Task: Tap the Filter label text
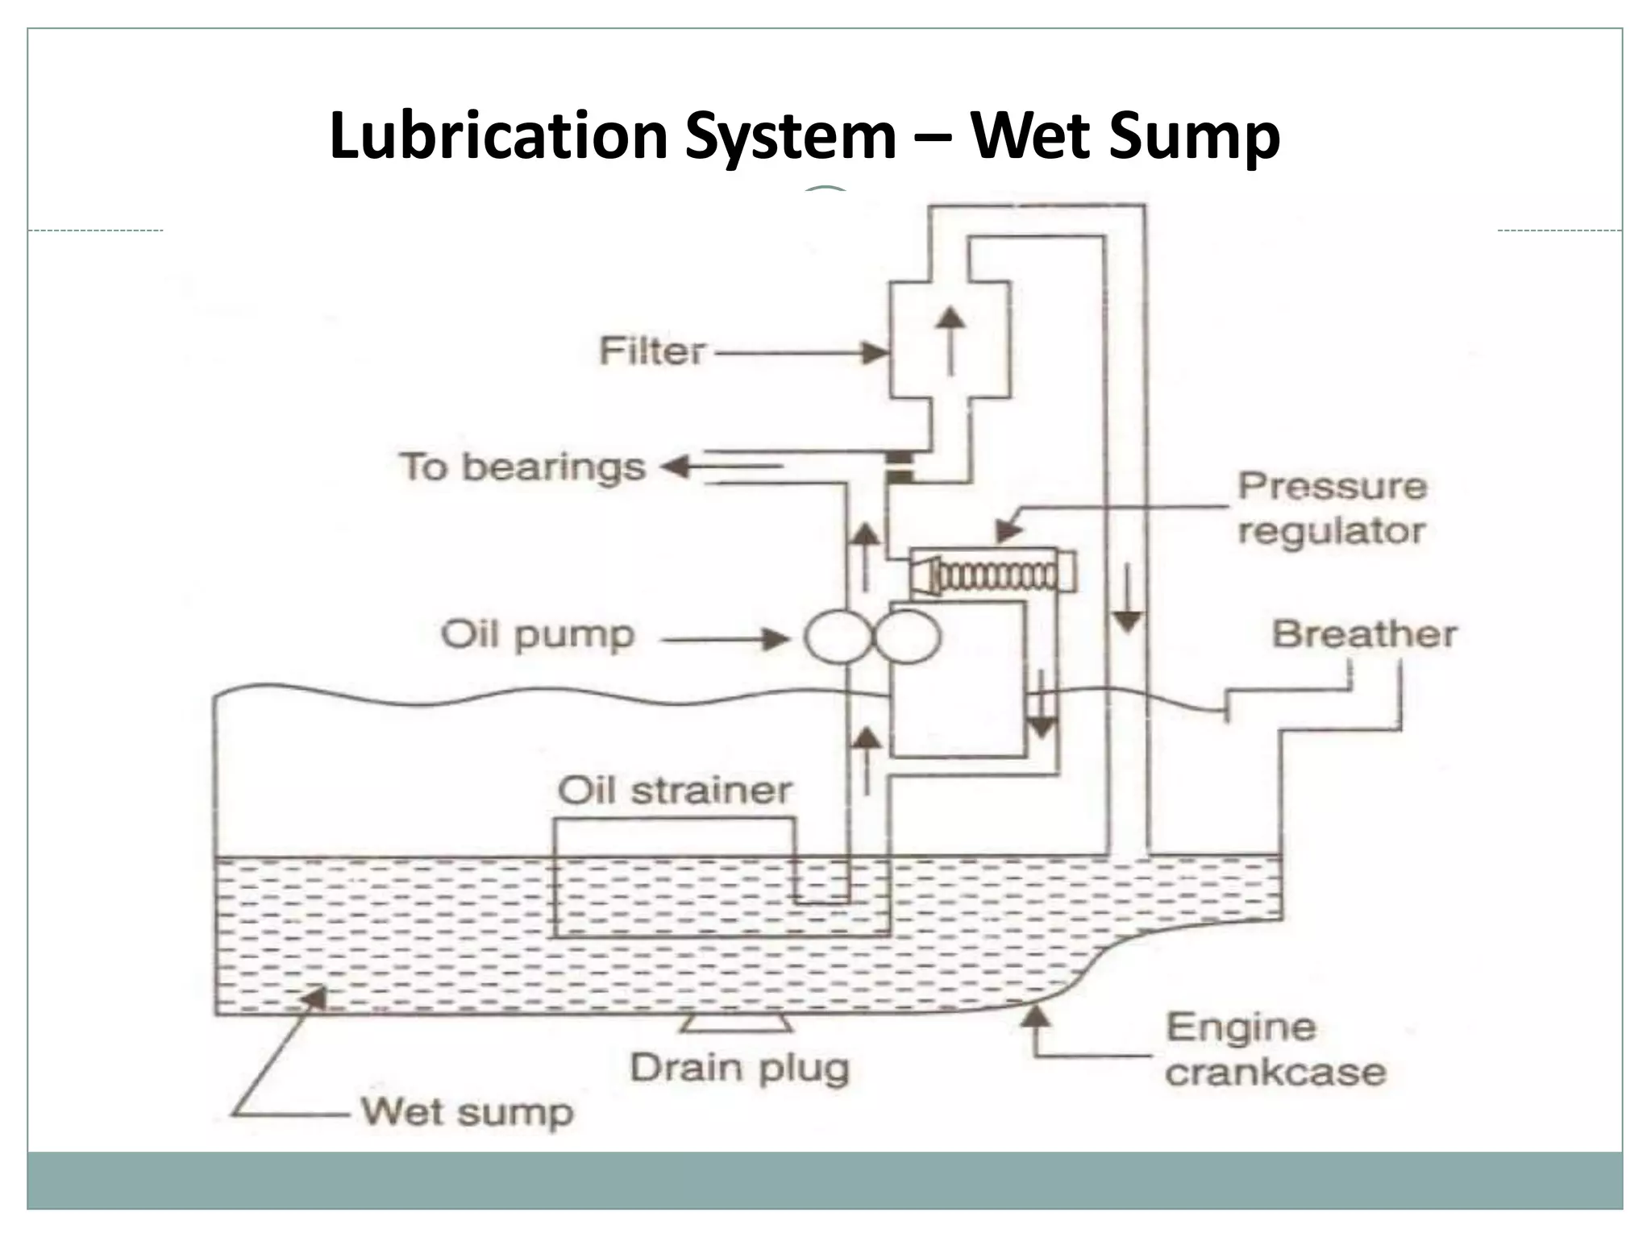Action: tap(652, 352)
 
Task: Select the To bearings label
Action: tap(523, 467)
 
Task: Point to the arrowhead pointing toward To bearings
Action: tap(672, 467)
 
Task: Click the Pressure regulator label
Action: tap(1332, 508)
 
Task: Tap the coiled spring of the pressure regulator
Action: tap(996, 576)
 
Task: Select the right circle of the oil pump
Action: tap(906, 637)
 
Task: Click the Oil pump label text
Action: tap(538, 635)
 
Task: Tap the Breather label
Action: tap(1364, 634)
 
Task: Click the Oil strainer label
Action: tap(674, 791)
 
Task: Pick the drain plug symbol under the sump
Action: tap(734, 1023)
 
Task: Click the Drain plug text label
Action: tap(739, 1069)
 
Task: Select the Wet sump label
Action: tap(467, 1113)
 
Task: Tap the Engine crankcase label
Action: tap(1275, 1050)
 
